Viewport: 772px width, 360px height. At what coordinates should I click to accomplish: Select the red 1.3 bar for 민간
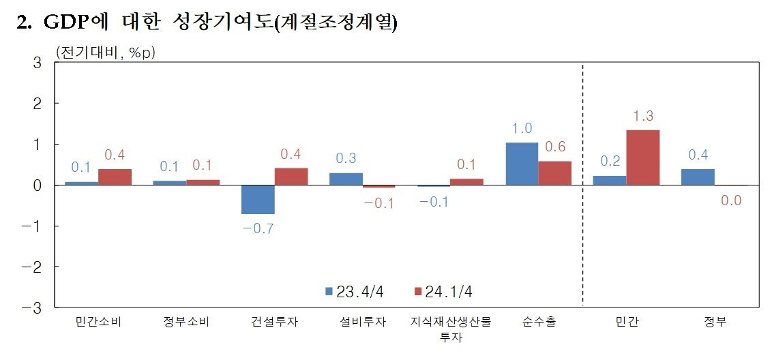(642, 157)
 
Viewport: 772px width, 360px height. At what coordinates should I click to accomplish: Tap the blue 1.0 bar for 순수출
(522, 164)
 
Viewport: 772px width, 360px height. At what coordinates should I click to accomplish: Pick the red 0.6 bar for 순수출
(554, 173)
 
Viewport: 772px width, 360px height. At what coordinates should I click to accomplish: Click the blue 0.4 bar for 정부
(698, 177)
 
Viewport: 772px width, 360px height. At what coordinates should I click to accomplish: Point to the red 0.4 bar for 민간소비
(115, 177)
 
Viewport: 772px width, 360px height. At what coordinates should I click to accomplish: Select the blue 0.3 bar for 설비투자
(346, 179)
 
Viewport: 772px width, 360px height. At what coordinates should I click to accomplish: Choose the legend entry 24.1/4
(443, 292)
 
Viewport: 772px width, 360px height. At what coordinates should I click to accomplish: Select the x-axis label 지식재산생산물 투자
(450, 328)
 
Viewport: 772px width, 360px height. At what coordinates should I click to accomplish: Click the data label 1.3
(642, 117)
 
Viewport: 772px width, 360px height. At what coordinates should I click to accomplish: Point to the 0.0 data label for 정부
(730, 201)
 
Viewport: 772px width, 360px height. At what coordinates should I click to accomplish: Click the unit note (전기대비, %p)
(105, 52)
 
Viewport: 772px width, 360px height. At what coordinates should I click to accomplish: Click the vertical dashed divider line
(582, 184)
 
